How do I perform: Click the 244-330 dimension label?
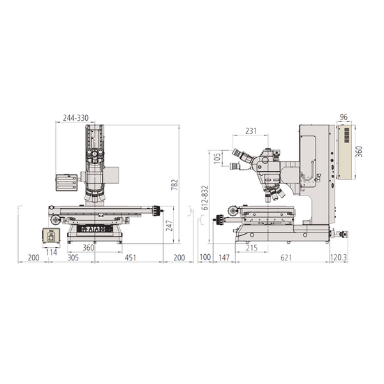coord(75,118)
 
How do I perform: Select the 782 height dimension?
coord(175,185)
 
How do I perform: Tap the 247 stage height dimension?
coord(169,226)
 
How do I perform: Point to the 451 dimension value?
coord(131,258)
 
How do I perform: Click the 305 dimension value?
coord(73,258)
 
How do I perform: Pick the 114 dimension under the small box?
coord(52,252)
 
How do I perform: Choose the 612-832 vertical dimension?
coord(205,198)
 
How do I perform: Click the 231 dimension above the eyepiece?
coord(251,131)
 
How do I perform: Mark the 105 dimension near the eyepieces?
coord(217,158)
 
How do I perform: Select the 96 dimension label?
coord(344,117)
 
